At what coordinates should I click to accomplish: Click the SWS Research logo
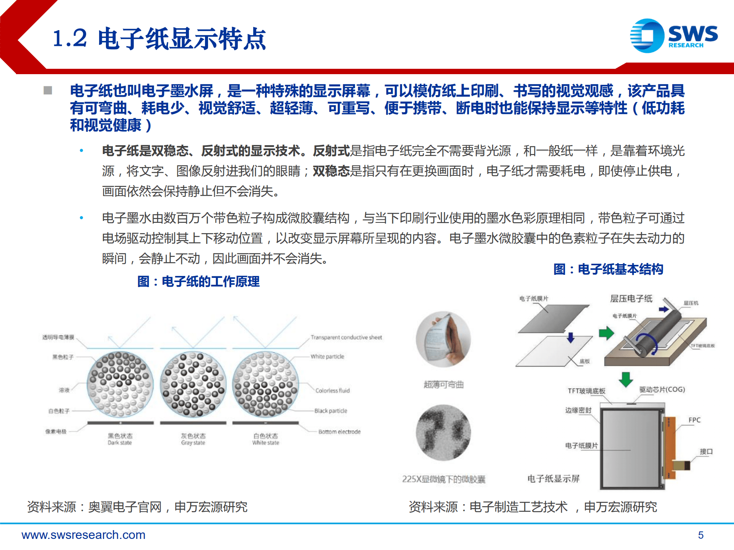(x=674, y=36)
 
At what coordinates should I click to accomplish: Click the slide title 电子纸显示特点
(x=159, y=39)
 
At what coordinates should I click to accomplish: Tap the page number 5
(x=700, y=535)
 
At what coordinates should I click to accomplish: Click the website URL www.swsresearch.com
(x=83, y=535)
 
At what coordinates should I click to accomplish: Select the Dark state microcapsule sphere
(x=120, y=384)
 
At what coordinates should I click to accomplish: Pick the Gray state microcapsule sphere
(x=193, y=384)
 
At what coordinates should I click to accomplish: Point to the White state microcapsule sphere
(x=265, y=384)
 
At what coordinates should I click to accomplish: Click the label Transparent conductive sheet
(x=346, y=337)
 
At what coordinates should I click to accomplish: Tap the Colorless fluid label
(x=332, y=391)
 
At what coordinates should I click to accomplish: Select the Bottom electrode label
(x=339, y=432)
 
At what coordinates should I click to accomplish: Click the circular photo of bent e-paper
(x=443, y=339)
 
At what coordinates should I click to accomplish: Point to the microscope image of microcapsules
(x=443, y=432)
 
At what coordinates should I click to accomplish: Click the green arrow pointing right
(x=606, y=333)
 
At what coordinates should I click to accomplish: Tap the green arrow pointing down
(x=626, y=379)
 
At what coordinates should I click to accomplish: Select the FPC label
(x=694, y=420)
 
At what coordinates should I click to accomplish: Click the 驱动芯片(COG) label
(x=662, y=389)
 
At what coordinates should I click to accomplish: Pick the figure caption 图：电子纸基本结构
(x=608, y=269)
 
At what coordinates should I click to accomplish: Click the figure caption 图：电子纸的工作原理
(x=198, y=282)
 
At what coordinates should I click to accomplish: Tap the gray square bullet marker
(x=48, y=91)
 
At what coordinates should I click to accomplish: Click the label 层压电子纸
(x=631, y=299)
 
